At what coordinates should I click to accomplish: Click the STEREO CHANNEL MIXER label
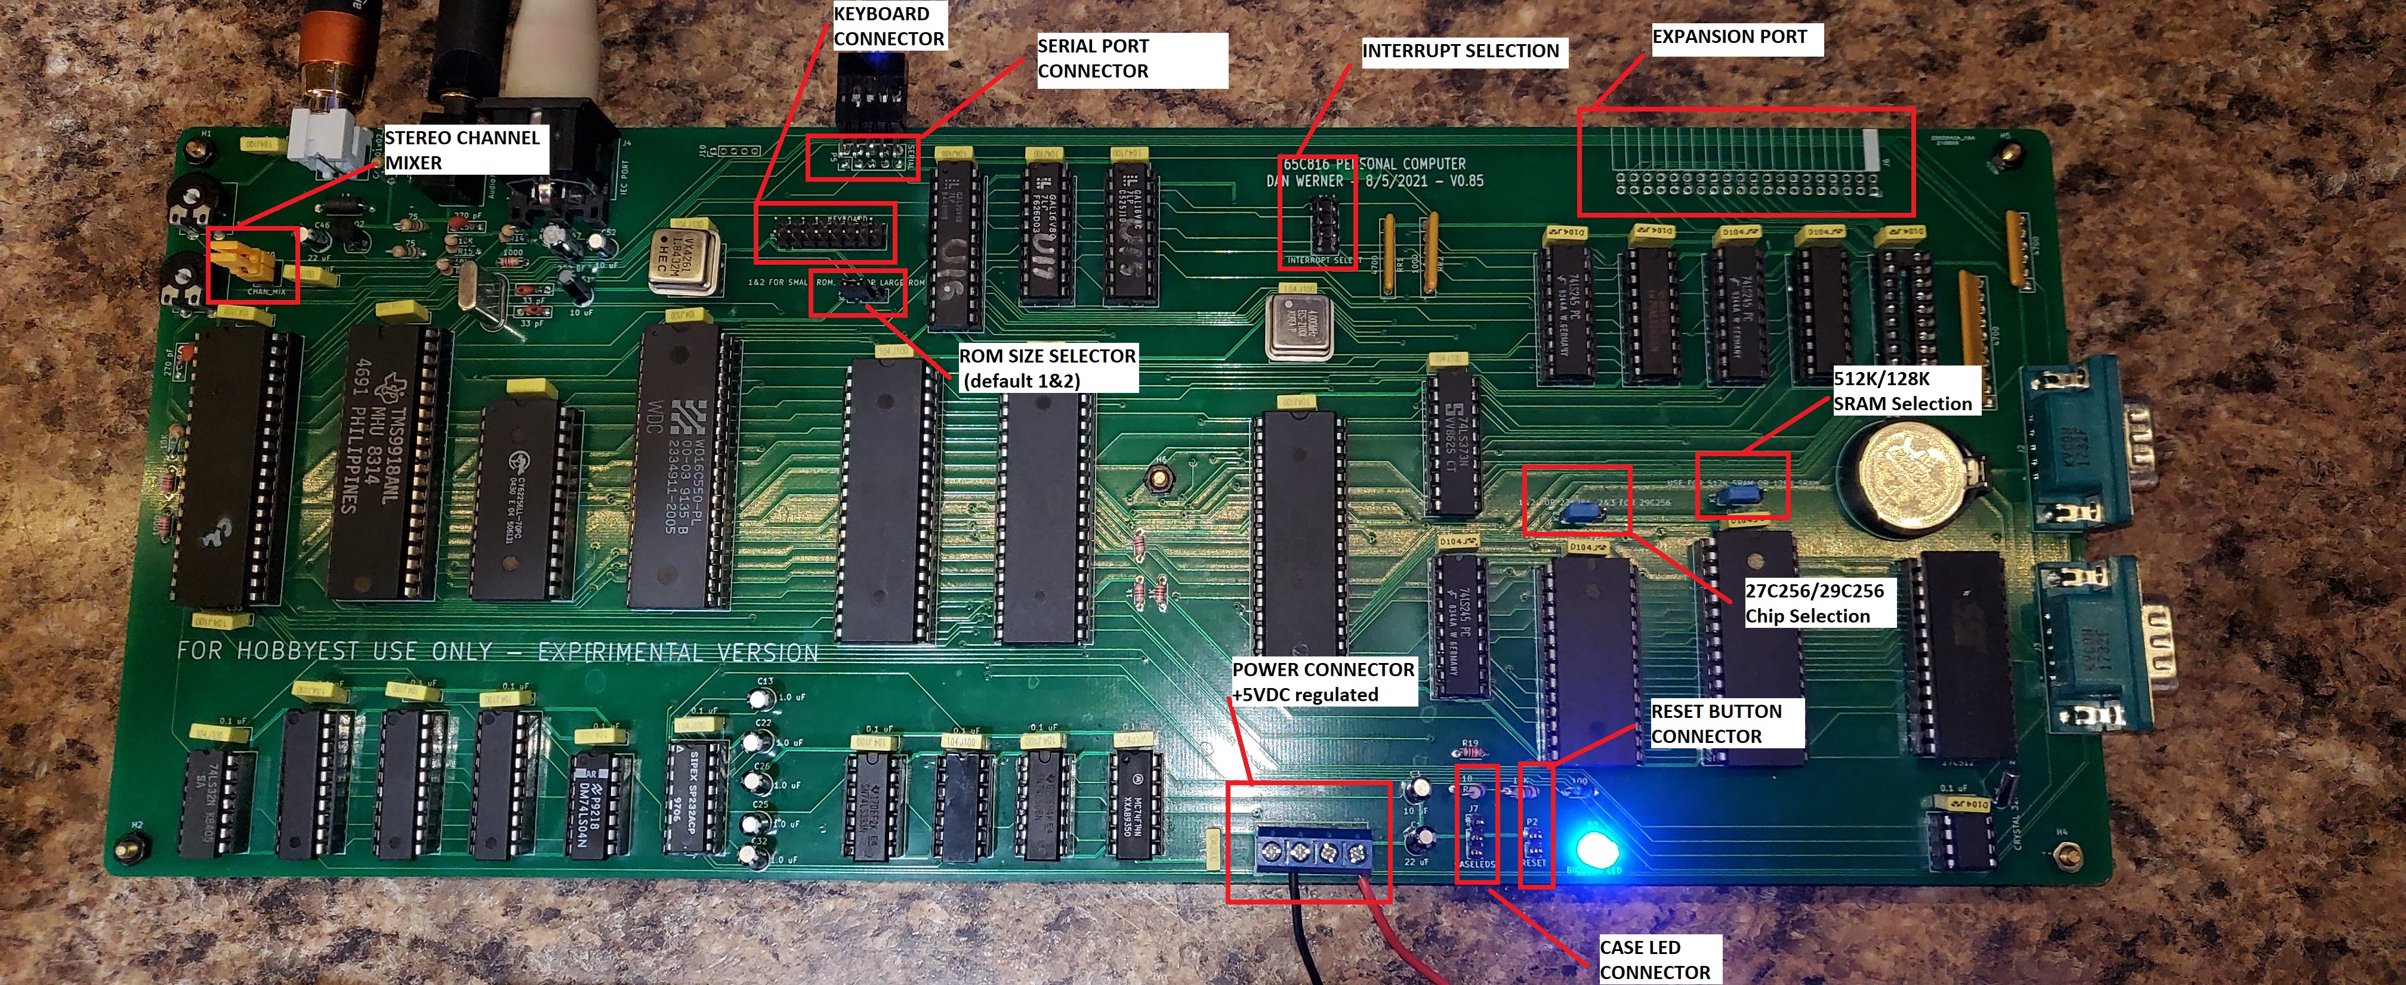[x=462, y=150]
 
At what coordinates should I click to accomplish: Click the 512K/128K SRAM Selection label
[x=1902, y=391]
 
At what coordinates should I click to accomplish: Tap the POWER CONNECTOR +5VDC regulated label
[x=1322, y=682]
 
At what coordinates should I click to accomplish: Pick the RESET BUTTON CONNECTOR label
[x=1716, y=724]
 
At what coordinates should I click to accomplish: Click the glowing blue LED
[x=1597, y=848]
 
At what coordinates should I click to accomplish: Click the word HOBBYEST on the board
[x=299, y=650]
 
